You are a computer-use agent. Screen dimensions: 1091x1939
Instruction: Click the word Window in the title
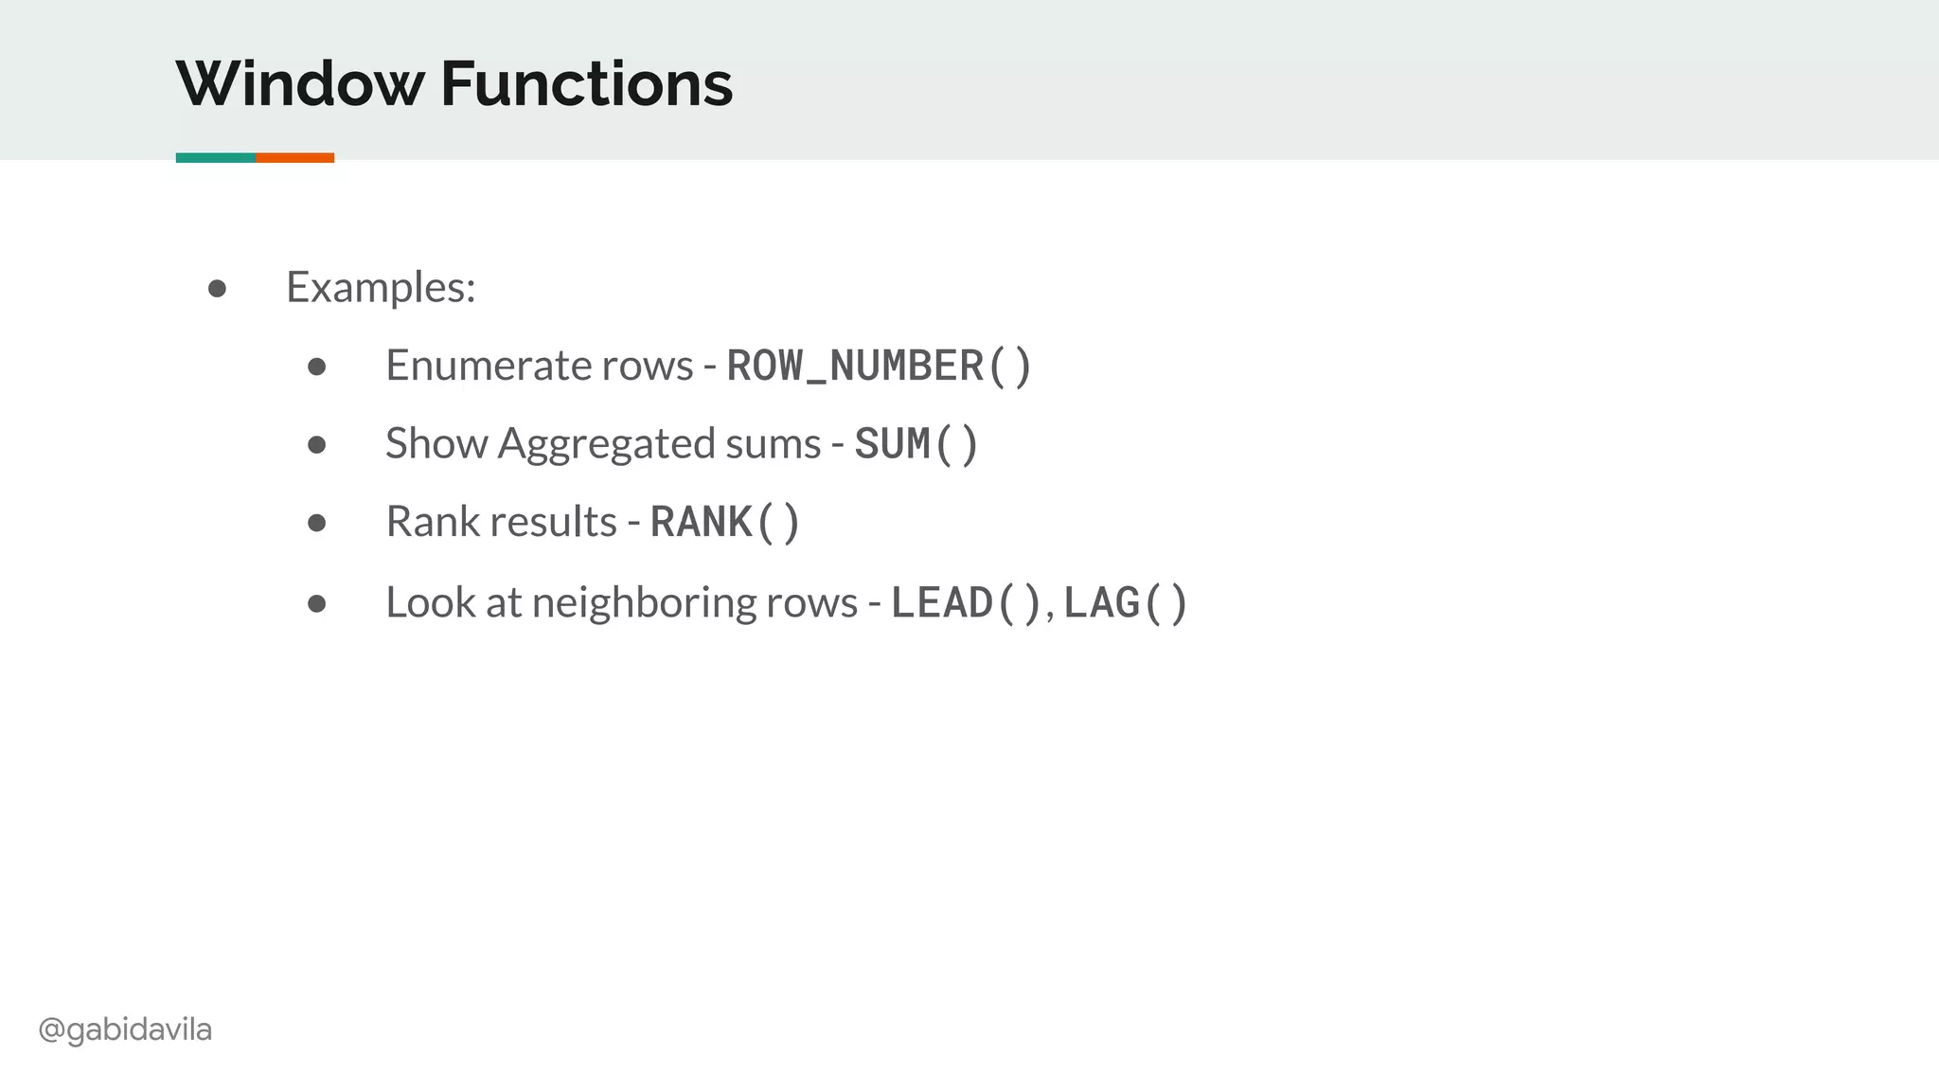(300, 83)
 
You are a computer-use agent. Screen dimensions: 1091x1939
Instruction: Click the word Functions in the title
(586, 83)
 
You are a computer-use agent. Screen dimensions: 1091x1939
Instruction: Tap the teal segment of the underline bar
(216, 157)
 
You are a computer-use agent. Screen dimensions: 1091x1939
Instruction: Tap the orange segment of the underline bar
(294, 157)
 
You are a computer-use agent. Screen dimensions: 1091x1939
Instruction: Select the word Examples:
(381, 287)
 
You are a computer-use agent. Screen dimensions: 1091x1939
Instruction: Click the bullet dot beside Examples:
(217, 288)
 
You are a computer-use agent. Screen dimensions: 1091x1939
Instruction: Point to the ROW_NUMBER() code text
(879, 367)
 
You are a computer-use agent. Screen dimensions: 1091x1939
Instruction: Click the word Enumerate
(480, 366)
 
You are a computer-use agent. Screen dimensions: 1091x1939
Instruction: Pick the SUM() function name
(916, 444)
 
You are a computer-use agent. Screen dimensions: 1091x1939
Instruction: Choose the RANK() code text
(725, 523)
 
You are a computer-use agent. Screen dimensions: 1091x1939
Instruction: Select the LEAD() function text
(966, 603)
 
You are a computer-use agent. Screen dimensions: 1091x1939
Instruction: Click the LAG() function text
(1125, 603)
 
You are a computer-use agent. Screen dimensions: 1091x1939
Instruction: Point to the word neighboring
(644, 603)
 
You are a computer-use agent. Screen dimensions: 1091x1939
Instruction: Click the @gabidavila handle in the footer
(125, 1029)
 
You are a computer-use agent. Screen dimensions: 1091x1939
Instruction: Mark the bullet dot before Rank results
(317, 523)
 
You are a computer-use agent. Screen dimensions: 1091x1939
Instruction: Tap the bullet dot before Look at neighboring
(317, 603)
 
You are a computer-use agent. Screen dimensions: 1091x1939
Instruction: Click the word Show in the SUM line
(436, 444)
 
